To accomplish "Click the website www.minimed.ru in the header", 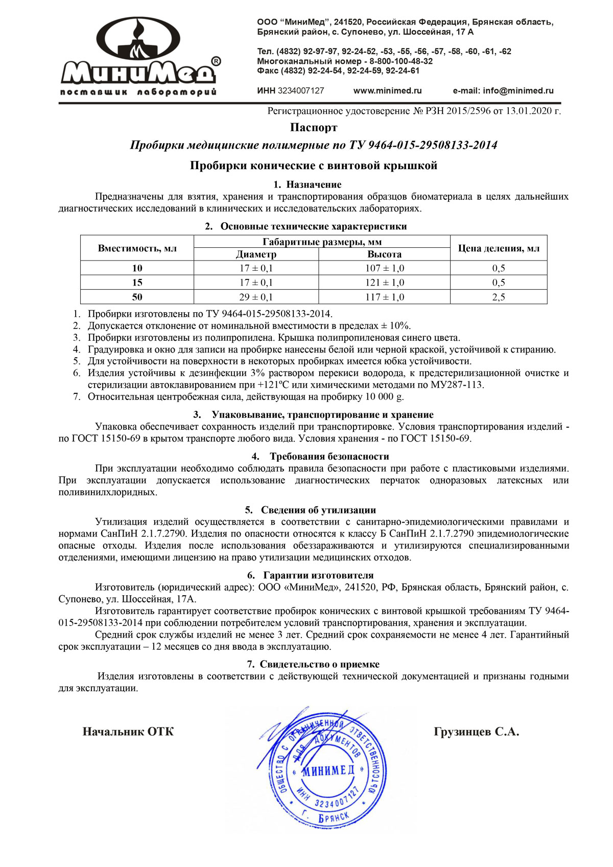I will click(387, 91).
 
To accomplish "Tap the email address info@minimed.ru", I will click(503, 91).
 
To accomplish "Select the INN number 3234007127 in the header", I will click(301, 91).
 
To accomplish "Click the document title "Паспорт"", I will click(314, 127).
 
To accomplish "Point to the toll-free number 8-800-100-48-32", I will click(401, 61).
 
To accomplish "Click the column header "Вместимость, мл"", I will click(137, 248).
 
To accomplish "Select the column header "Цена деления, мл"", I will click(498, 248).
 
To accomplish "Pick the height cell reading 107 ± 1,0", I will click(384, 268).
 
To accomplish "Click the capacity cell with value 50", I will click(137, 297).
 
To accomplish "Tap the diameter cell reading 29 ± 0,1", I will click(256, 297).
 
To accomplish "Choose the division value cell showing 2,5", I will click(498, 297).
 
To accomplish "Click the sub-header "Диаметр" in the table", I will click(256, 254).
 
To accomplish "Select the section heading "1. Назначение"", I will click(308, 184).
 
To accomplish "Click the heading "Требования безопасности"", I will click(329, 456).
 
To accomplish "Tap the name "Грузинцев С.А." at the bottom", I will click(476, 732).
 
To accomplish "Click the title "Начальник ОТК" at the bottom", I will click(128, 732).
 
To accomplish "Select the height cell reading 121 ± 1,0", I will click(384, 283).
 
